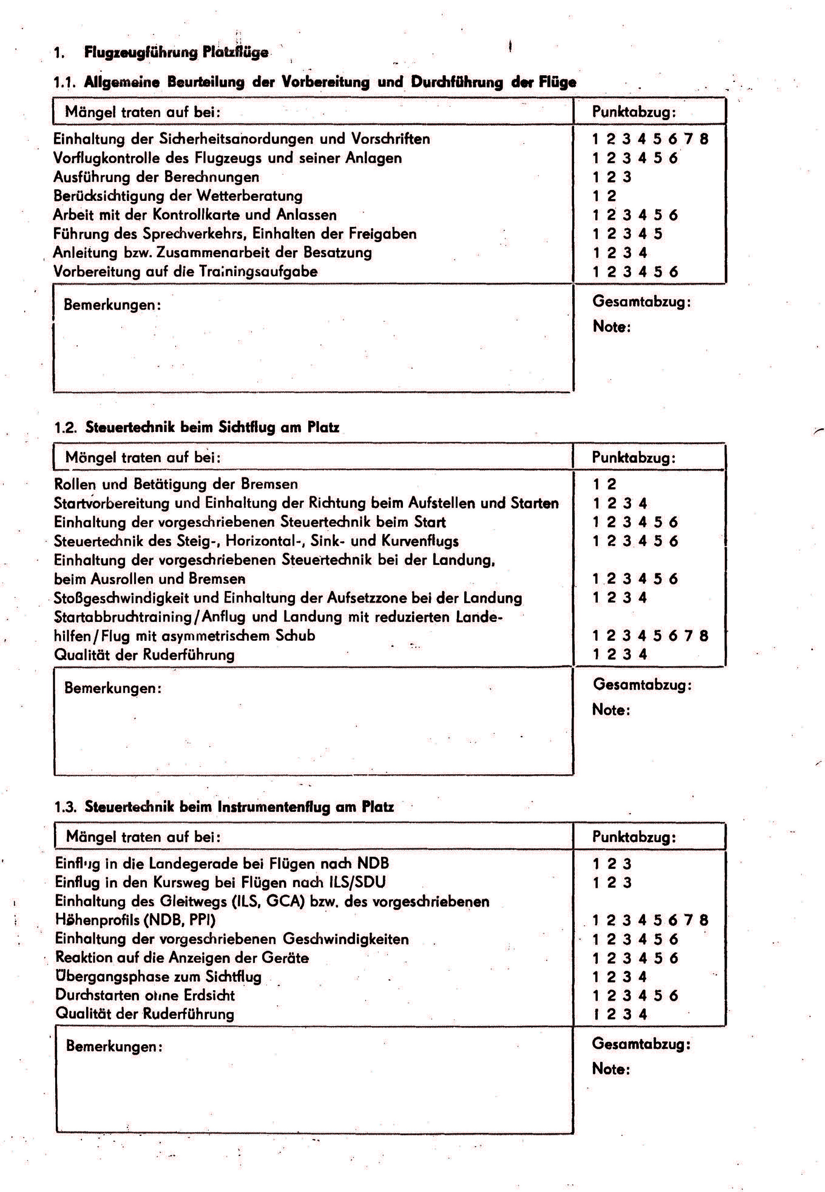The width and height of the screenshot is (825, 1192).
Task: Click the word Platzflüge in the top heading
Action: (x=235, y=52)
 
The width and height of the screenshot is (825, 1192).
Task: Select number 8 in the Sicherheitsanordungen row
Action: (x=704, y=139)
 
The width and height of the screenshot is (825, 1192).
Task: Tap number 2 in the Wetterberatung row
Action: (x=611, y=196)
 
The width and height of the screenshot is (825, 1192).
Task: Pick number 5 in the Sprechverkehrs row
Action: (x=658, y=233)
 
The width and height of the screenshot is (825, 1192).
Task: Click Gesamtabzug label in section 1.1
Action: (x=641, y=302)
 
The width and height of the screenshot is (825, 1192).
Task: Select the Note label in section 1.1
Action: (x=611, y=327)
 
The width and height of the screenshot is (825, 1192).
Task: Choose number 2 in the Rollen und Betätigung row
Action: (x=611, y=484)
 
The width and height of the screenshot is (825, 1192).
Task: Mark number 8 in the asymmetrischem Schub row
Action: (x=704, y=636)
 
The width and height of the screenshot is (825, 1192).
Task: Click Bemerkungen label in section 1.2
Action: (x=113, y=688)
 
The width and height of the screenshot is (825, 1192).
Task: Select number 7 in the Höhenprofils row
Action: (x=688, y=920)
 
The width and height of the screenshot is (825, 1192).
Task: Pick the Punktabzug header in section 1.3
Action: (x=634, y=837)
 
